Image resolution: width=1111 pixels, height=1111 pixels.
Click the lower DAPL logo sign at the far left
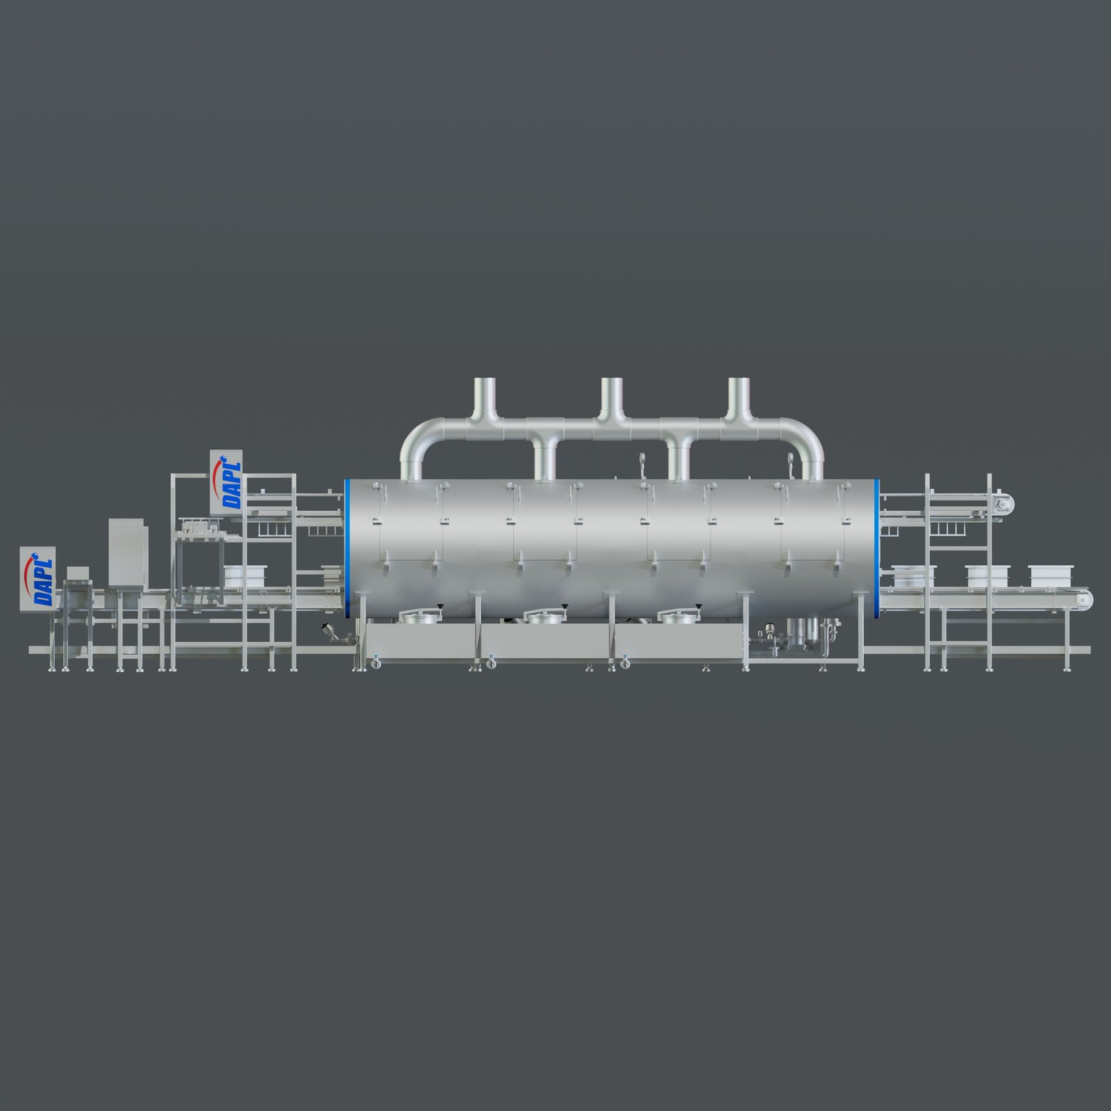click(39, 579)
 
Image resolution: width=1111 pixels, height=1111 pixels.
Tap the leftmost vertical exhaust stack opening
click(484, 381)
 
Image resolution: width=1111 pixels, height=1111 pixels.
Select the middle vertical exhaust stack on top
click(612, 399)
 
